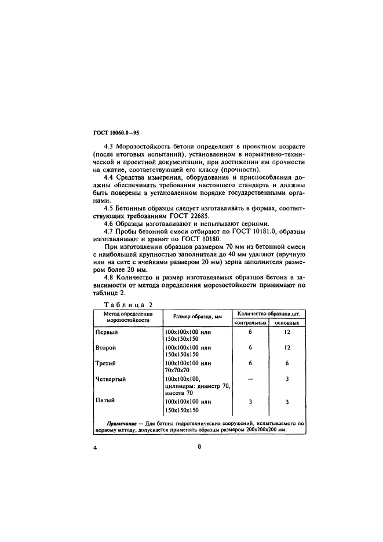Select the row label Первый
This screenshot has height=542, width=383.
point(106,332)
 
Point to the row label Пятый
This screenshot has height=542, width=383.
point(104,401)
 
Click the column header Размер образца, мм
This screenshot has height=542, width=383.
point(194,317)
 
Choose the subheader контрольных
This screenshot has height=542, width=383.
point(250,322)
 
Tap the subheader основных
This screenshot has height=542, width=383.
point(287,322)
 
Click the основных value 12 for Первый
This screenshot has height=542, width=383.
point(287,332)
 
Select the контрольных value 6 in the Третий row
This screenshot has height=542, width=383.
point(250,363)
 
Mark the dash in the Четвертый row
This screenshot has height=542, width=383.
point(250,379)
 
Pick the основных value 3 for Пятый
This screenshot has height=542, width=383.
point(287,401)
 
